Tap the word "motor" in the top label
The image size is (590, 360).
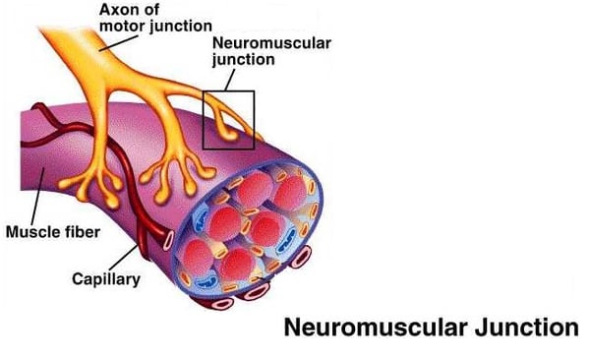pos(120,27)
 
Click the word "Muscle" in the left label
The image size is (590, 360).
pos(30,233)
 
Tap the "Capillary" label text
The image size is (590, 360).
pos(106,278)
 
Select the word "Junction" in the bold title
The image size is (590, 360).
pos(526,328)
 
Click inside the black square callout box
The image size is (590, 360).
pos(228,120)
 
